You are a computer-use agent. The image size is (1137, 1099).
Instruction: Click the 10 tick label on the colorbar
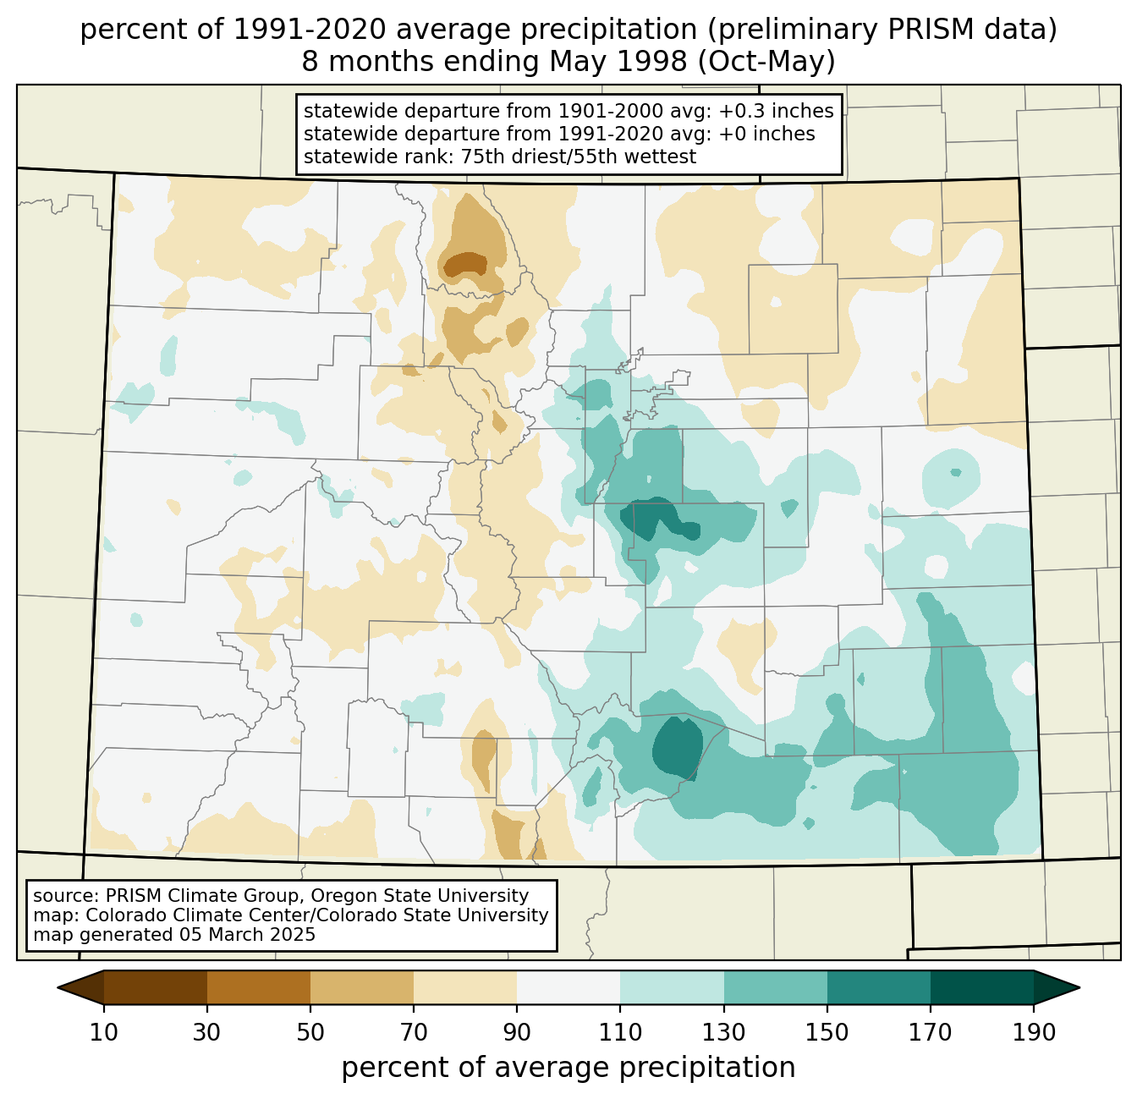pyautogui.click(x=103, y=1032)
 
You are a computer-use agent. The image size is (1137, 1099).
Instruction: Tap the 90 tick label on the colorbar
pyautogui.click(x=517, y=1032)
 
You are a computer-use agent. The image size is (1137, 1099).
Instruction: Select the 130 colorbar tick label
pyautogui.click(x=723, y=1032)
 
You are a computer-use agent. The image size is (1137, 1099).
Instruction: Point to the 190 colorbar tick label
pyautogui.click(x=1034, y=1032)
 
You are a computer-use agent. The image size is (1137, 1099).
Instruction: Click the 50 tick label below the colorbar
pyautogui.click(x=310, y=1032)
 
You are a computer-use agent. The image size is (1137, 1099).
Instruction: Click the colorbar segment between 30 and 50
pyautogui.click(x=259, y=987)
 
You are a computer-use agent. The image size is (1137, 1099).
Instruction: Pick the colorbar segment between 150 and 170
pyautogui.click(x=879, y=987)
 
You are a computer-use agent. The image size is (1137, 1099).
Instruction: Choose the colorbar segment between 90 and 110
pyautogui.click(x=568, y=987)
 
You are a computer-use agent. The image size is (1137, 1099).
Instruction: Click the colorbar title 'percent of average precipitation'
pyautogui.click(x=568, y=1067)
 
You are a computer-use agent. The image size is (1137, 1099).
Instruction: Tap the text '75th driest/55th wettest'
pyautogui.click(x=579, y=157)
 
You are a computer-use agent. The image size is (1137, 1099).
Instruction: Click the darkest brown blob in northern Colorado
pyautogui.click(x=465, y=264)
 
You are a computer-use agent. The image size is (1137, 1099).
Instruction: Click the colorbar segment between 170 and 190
pyautogui.click(x=982, y=987)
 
